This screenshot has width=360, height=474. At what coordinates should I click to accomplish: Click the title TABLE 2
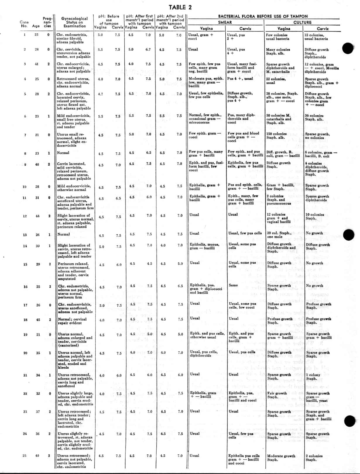180,7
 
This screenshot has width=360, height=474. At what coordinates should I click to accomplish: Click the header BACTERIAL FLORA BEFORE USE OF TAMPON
263,16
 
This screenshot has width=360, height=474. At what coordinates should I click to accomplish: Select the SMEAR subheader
225,22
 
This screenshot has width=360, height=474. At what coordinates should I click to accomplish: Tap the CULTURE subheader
302,22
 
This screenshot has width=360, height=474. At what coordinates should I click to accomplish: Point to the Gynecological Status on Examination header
74,22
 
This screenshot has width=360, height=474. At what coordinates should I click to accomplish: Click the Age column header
36,26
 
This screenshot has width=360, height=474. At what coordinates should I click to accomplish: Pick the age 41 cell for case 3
37,64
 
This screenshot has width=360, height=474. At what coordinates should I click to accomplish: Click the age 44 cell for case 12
37,216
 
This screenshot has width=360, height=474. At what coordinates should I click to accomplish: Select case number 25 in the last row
25,456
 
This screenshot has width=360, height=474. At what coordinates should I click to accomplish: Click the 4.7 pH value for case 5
100,94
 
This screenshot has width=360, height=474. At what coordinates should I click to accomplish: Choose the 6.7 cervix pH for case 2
148,49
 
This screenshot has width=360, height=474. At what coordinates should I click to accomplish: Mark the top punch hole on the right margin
348,48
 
